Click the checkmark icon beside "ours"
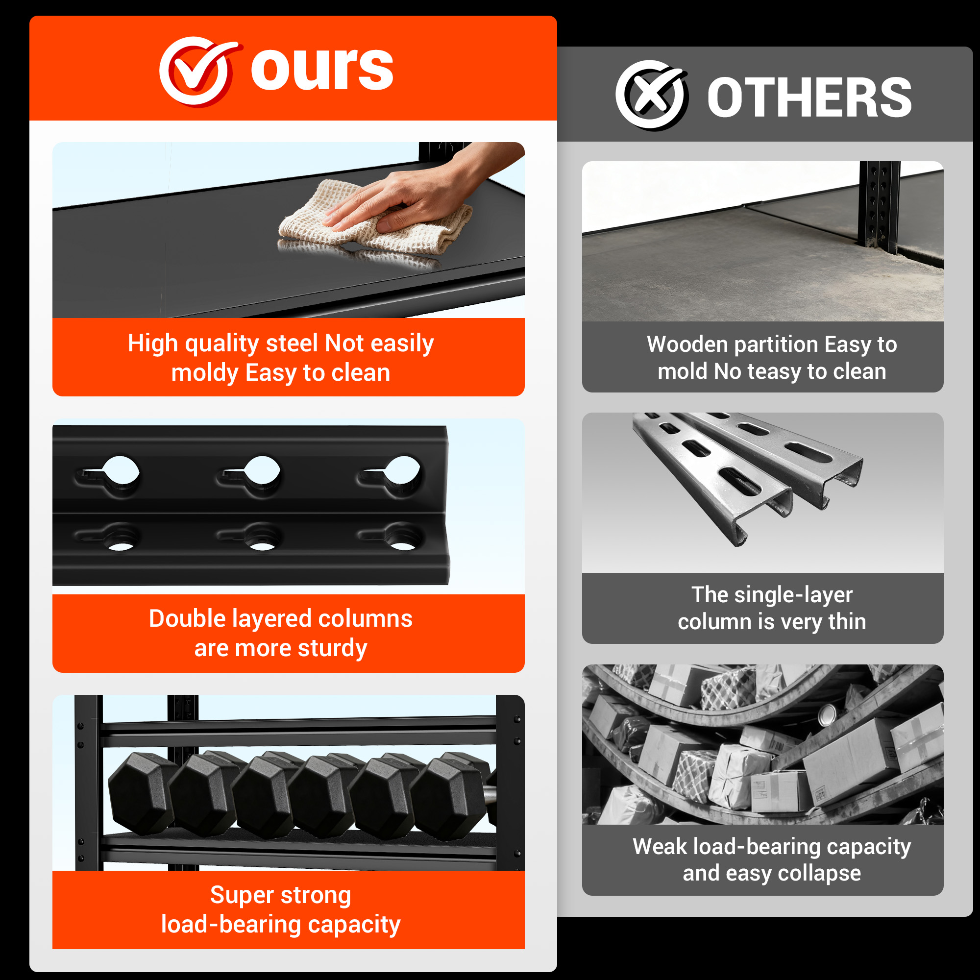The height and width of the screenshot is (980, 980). (198, 71)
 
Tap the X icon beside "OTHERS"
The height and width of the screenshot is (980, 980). (652, 95)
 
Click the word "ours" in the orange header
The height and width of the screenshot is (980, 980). (322, 70)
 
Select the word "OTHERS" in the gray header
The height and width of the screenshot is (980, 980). (809, 98)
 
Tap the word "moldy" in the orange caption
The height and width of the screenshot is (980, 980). (204, 373)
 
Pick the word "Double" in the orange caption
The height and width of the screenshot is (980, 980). (187, 619)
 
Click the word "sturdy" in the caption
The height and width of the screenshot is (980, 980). (332, 649)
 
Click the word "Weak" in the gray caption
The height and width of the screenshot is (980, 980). (660, 847)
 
